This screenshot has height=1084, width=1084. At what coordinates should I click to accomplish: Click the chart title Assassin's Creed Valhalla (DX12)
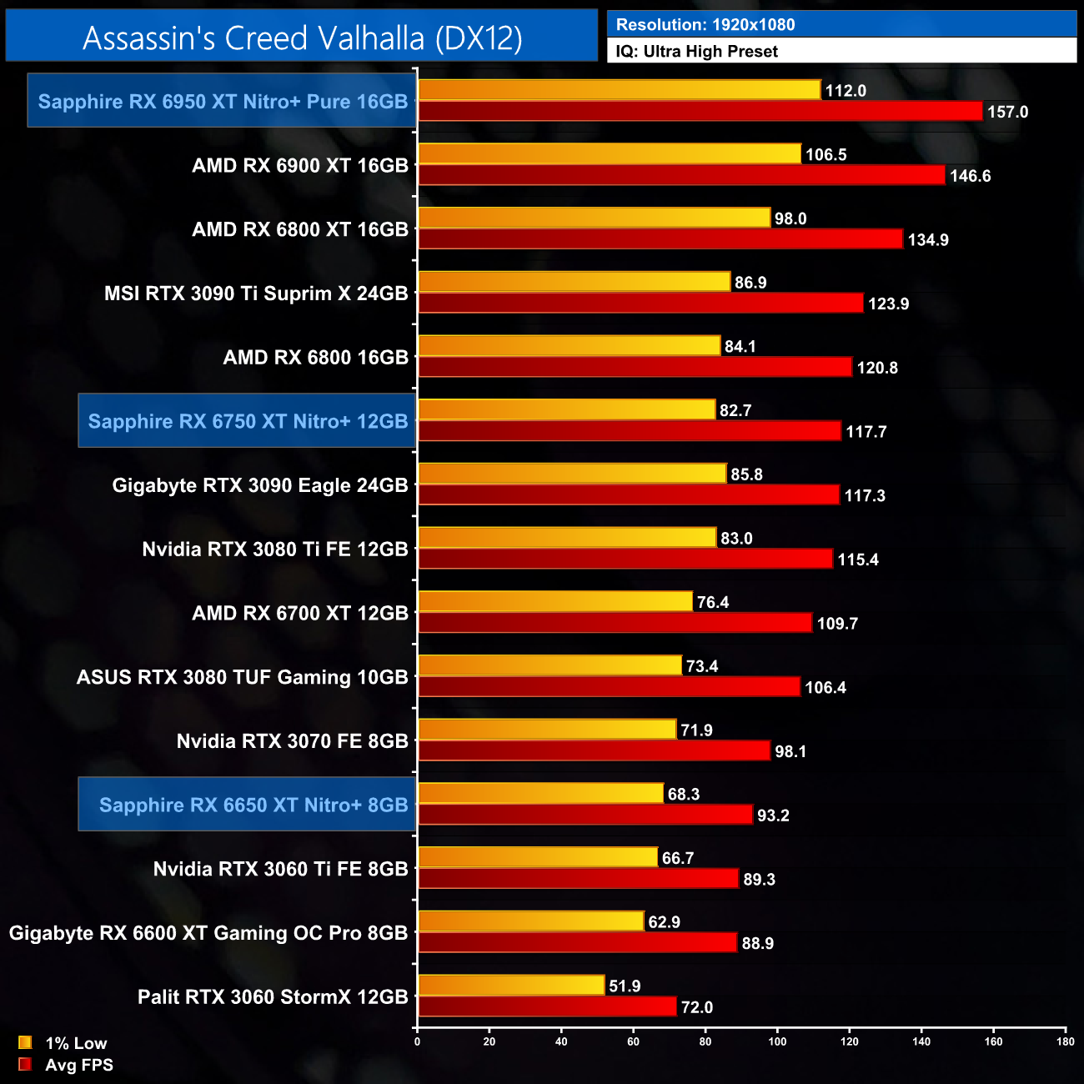(x=302, y=38)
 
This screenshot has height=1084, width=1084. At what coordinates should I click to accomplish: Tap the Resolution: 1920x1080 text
(x=705, y=24)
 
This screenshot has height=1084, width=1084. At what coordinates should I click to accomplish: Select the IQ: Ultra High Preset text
(x=696, y=52)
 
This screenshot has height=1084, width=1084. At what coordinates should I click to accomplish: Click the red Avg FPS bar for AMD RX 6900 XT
(x=681, y=175)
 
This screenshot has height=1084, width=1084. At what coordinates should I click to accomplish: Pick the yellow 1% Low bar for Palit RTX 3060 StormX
(x=510, y=986)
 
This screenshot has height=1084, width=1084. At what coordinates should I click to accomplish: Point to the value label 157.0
(x=1007, y=112)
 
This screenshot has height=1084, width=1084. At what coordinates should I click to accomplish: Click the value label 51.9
(x=625, y=986)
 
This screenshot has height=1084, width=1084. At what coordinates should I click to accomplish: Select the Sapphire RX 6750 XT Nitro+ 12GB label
(x=248, y=421)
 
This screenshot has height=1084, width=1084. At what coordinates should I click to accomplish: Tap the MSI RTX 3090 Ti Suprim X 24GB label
(x=256, y=294)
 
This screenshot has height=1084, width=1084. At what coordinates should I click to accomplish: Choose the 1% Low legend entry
(x=75, y=1043)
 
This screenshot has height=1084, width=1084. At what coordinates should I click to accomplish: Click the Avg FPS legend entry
(x=78, y=1065)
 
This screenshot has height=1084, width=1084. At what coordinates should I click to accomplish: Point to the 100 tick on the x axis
(x=777, y=1041)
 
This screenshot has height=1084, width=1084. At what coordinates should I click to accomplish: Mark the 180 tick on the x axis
(x=1066, y=1041)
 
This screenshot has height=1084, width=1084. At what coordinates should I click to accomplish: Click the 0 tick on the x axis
(x=417, y=1041)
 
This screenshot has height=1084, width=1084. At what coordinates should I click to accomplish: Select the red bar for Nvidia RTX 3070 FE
(x=594, y=750)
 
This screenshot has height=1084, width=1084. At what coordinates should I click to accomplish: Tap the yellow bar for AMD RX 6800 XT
(x=594, y=218)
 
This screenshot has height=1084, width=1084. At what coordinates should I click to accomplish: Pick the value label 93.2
(x=773, y=816)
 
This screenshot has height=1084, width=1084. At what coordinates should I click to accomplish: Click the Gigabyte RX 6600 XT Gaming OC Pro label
(x=208, y=933)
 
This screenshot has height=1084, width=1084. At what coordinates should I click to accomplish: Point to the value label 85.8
(x=746, y=474)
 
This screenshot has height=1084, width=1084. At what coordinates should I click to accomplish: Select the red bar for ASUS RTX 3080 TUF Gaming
(x=609, y=687)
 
